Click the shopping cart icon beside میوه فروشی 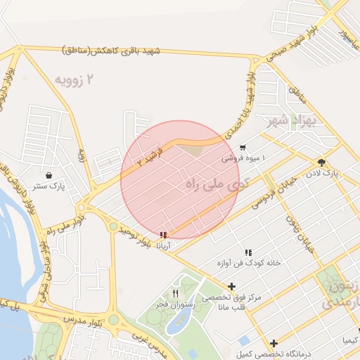[243, 148]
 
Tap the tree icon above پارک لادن [321, 162]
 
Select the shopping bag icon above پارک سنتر [49, 175]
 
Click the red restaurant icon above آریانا [164, 235]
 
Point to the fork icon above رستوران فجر [175, 293]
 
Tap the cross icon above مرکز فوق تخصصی [231, 286]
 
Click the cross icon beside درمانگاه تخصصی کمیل [274, 343]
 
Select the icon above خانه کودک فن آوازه [248, 252]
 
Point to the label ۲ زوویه [87, 79]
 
